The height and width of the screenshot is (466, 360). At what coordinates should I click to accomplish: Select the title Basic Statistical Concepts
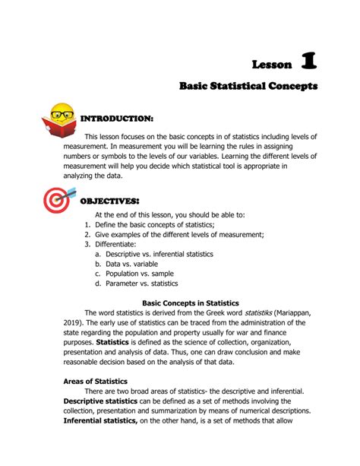tap(248, 87)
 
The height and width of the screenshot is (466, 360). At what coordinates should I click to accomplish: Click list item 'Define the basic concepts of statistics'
tap(154, 225)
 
